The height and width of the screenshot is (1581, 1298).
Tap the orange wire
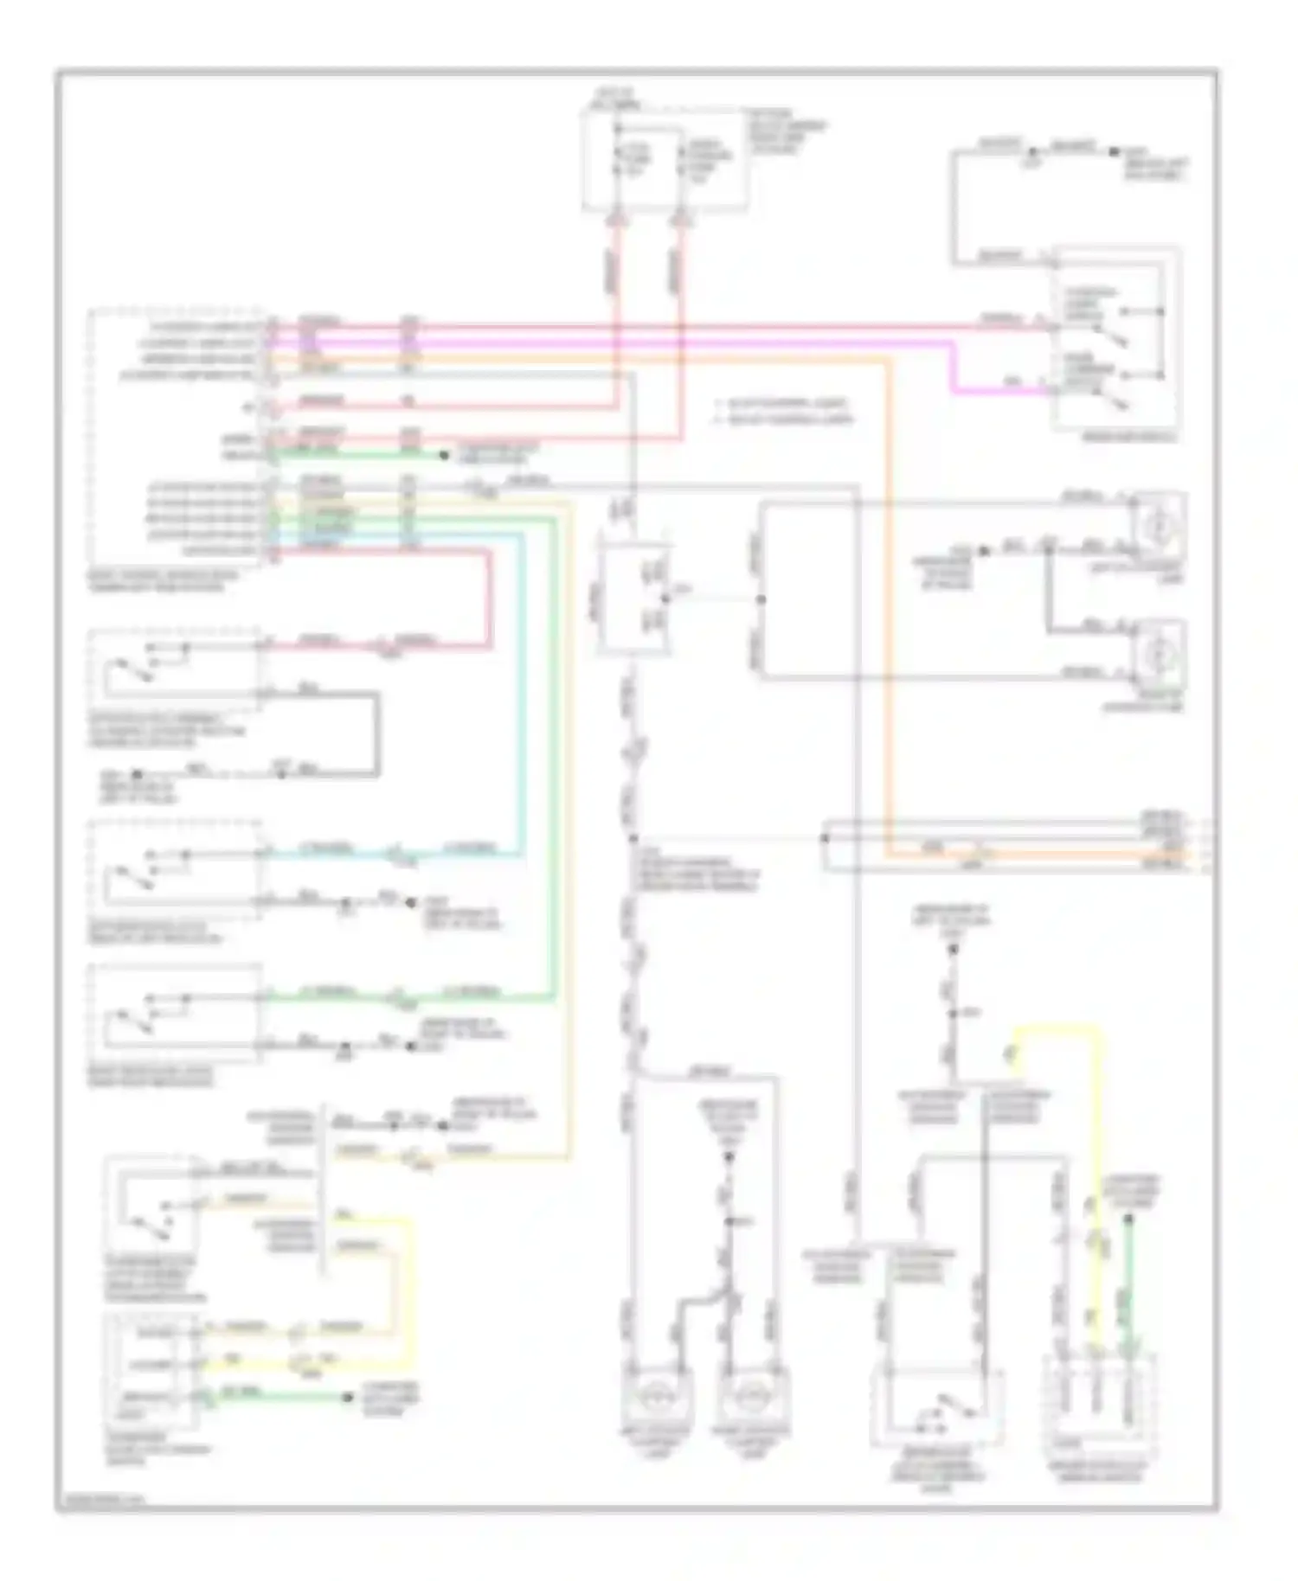(887, 605)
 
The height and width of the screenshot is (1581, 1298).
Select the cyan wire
(521, 692)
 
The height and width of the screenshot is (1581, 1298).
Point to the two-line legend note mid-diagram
(784, 412)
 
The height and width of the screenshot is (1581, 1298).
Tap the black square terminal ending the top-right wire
(1114, 152)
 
